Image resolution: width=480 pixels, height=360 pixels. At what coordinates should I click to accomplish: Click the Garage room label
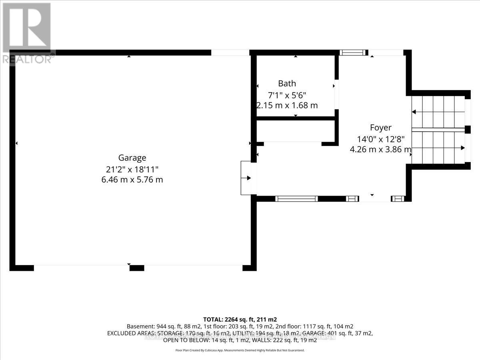[x=132, y=158]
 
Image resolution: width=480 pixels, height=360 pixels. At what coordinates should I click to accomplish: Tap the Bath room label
[x=287, y=83]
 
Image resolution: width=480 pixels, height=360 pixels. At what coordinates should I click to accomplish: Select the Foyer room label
[x=380, y=128]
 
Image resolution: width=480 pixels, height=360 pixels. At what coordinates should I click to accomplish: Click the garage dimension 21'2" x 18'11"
[x=132, y=169]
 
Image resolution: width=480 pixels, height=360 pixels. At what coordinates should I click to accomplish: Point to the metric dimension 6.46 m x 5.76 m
[x=132, y=180]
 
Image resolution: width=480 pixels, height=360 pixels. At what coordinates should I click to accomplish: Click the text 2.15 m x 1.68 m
[x=287, y=106]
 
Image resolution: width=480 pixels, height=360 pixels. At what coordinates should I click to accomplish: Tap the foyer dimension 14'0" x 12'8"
[x=381, y=139]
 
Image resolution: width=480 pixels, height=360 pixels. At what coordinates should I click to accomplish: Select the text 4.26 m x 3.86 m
[x=380, y=150]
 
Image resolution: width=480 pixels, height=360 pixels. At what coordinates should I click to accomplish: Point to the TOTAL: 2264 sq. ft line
[x=240, y=319]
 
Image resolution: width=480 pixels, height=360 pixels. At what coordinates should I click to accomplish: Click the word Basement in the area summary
[x=139, y=326]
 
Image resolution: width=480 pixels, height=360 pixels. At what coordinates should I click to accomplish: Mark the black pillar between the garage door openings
[x=137, y=268]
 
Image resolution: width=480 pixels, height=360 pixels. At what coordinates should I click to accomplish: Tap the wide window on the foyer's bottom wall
[x=296, y=198]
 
